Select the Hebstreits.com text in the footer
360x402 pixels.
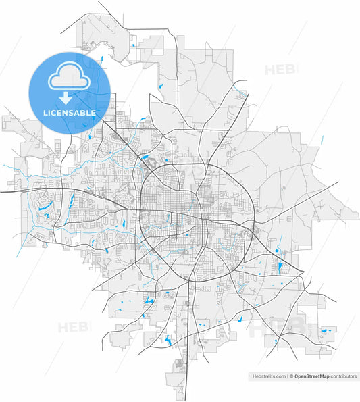point(267,376)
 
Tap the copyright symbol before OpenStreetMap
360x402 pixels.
point(292,376)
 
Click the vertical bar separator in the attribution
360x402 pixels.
point(286,376)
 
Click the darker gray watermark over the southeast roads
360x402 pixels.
point(270,329)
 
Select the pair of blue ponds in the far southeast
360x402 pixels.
point(326,331)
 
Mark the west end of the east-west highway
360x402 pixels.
point(2,192)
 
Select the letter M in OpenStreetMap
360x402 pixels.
point(322,376)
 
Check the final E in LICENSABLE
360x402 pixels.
point(93,112)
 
